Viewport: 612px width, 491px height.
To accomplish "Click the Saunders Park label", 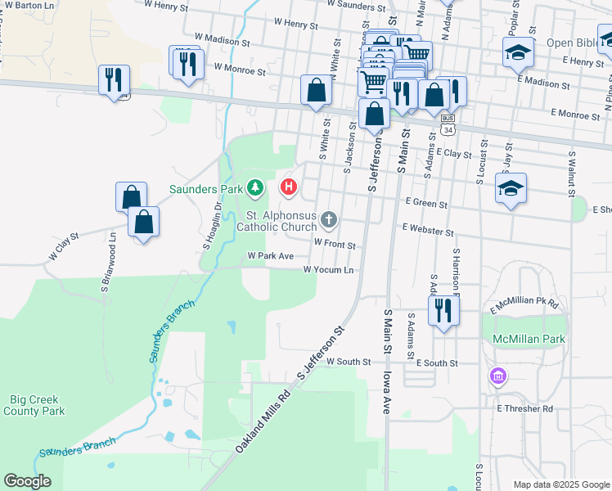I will (x=207, y=189).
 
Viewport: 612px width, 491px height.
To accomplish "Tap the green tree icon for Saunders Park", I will (x=255, y=188).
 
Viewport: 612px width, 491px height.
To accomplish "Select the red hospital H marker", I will (x=289, y=187).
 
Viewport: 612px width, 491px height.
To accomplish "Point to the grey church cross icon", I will (x=329, y=218).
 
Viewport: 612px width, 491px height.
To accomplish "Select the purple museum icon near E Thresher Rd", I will (x=497, y=377).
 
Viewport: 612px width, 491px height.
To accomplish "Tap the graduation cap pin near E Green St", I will (x=511, y=189).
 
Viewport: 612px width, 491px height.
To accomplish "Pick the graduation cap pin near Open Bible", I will (x=517, y=53).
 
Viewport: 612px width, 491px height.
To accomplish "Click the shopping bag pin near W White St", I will (x=315, y=91).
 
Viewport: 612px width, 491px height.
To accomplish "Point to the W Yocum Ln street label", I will (x=328, y=269).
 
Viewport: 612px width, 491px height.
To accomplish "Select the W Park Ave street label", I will (x=270, y=256).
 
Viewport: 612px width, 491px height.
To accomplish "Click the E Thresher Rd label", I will (x=524, y=408).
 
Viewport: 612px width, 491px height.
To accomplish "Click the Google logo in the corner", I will (x=27, y=481).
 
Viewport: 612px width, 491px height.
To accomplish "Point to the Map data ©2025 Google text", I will (x=561, y=484).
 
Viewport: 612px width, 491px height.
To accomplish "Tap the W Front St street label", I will (x=335, y=244).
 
